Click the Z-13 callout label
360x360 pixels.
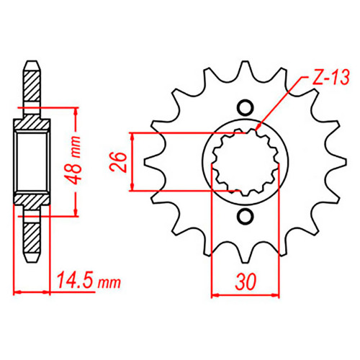coord(330,77)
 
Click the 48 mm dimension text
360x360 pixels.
coord(74,161)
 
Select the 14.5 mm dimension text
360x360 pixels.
coord(89,280)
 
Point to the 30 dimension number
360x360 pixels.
coord(246,282)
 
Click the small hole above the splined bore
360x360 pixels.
coord(245,108)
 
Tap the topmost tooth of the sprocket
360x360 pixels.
coord(245,70)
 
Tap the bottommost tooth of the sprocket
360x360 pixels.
coord(245,254)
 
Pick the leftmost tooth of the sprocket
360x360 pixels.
coord(153,162)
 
